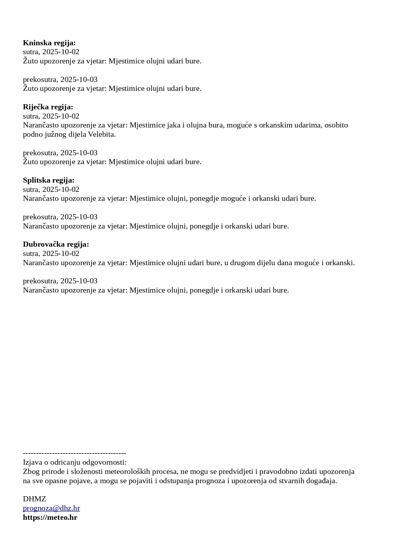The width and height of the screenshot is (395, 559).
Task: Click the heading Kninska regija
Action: click(x=49, y=43)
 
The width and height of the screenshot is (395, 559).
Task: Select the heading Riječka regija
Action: click(x=48, y=107)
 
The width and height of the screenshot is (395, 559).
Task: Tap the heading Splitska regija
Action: click(x=48, y=180)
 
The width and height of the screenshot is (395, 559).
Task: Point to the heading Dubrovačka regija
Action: click(x=56, y=244)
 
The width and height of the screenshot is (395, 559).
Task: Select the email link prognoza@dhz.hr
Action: click(x=51, y=508)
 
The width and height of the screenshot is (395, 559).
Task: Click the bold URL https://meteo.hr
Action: click(x=50, y=517)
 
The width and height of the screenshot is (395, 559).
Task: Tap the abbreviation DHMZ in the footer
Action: click(x=34, y=499)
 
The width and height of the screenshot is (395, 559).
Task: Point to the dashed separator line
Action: click(x=74, y=453)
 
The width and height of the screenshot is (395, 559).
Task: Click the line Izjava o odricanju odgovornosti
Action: click(x=74, y=462)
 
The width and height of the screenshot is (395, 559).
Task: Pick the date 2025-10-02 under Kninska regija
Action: click(x=61, y=52)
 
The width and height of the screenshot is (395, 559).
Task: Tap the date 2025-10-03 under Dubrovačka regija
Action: click(x=79, y=281)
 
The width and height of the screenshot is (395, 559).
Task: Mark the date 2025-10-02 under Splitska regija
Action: click(x=61, y=189)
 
